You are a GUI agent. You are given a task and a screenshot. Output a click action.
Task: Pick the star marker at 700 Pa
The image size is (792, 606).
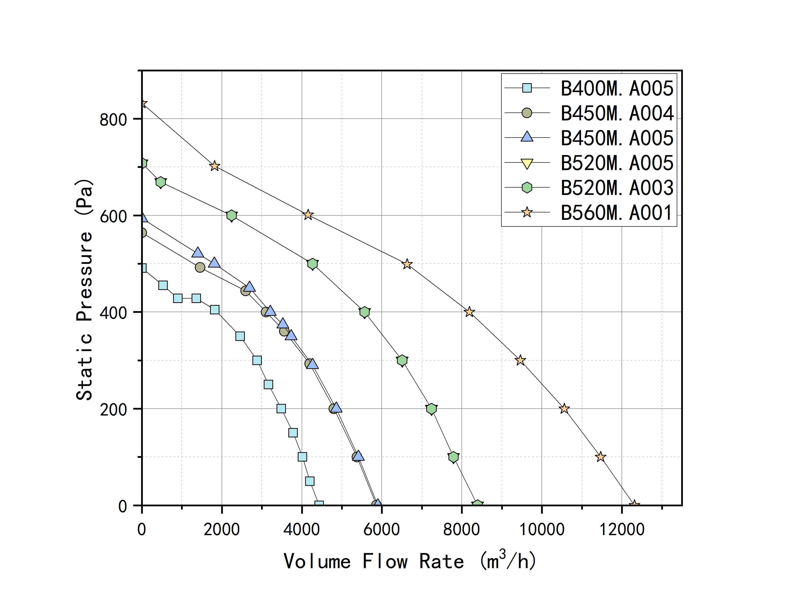point(214,166)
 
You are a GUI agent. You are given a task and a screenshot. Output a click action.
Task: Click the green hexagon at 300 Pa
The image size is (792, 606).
point(402,360)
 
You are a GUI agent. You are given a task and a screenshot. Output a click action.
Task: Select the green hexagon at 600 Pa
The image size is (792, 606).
point(232,216)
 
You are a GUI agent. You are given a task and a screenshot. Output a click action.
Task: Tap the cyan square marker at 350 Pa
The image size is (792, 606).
point(240,336)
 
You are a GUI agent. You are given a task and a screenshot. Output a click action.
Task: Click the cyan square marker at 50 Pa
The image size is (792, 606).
point(310,481)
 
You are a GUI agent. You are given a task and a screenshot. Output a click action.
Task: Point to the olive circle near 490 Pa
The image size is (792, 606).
point(200,268)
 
